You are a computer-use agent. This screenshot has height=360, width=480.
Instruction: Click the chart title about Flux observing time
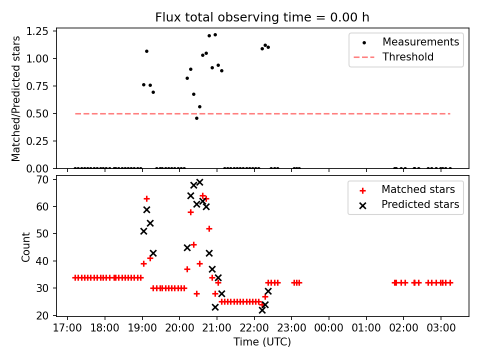pyautogui.click(x=262, y=17)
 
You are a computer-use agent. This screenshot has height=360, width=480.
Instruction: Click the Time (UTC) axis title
pyautogui.click(x=262, y=342)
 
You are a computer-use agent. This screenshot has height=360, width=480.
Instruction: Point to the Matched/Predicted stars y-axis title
pyautogui.click(x=16, y=98)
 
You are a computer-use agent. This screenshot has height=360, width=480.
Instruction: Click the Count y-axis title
pyautogui.click(x=26, y=246)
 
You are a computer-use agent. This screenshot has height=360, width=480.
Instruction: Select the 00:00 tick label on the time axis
pyautogui.click(x=329, y=328)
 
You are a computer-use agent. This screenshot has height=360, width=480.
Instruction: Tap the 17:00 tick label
pyautogui.click(x=67, y=328)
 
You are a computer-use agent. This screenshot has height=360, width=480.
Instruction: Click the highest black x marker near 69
pyautogui.click(x=199, y=182)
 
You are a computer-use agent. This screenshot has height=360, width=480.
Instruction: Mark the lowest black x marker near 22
pyautogui.click(x=262, y=310)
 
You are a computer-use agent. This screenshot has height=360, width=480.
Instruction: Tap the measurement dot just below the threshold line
pyautogui.click(x=196, y=118)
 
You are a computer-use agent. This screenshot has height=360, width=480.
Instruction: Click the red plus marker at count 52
pyautogui.click(x=209, y=228)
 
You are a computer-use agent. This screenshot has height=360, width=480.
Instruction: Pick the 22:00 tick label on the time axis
pyautogui.click(x=254, y=328)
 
